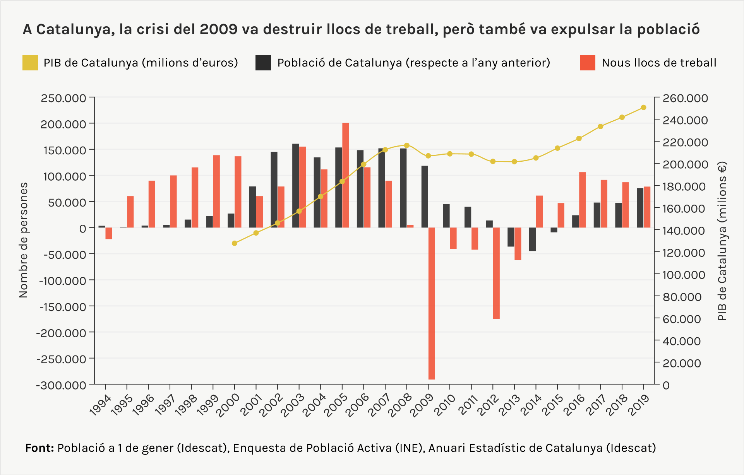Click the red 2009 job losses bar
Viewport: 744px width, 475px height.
(x=432, y=303)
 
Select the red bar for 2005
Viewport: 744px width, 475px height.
(x=346, y=175)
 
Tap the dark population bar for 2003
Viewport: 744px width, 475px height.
(x=295, y=186)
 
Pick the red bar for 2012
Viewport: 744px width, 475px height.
(x=496, y=273)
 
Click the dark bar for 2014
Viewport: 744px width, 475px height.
(x=532, y=239)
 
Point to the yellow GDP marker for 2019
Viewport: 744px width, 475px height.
(x=643, y=108)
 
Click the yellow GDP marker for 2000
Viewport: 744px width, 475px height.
(x=234, y=243)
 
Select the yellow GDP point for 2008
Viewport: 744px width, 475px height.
(x=406, y=145)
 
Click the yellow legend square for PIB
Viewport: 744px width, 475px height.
(x=30, y=63)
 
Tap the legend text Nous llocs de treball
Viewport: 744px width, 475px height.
(x=659, y=63)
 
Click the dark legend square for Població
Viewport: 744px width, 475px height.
(x=263, y=63)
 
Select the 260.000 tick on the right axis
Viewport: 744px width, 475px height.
(x=685, y=98)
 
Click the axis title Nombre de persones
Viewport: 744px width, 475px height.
(x=24, y=240)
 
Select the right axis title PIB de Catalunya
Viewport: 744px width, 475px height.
(x=722, y=241)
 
